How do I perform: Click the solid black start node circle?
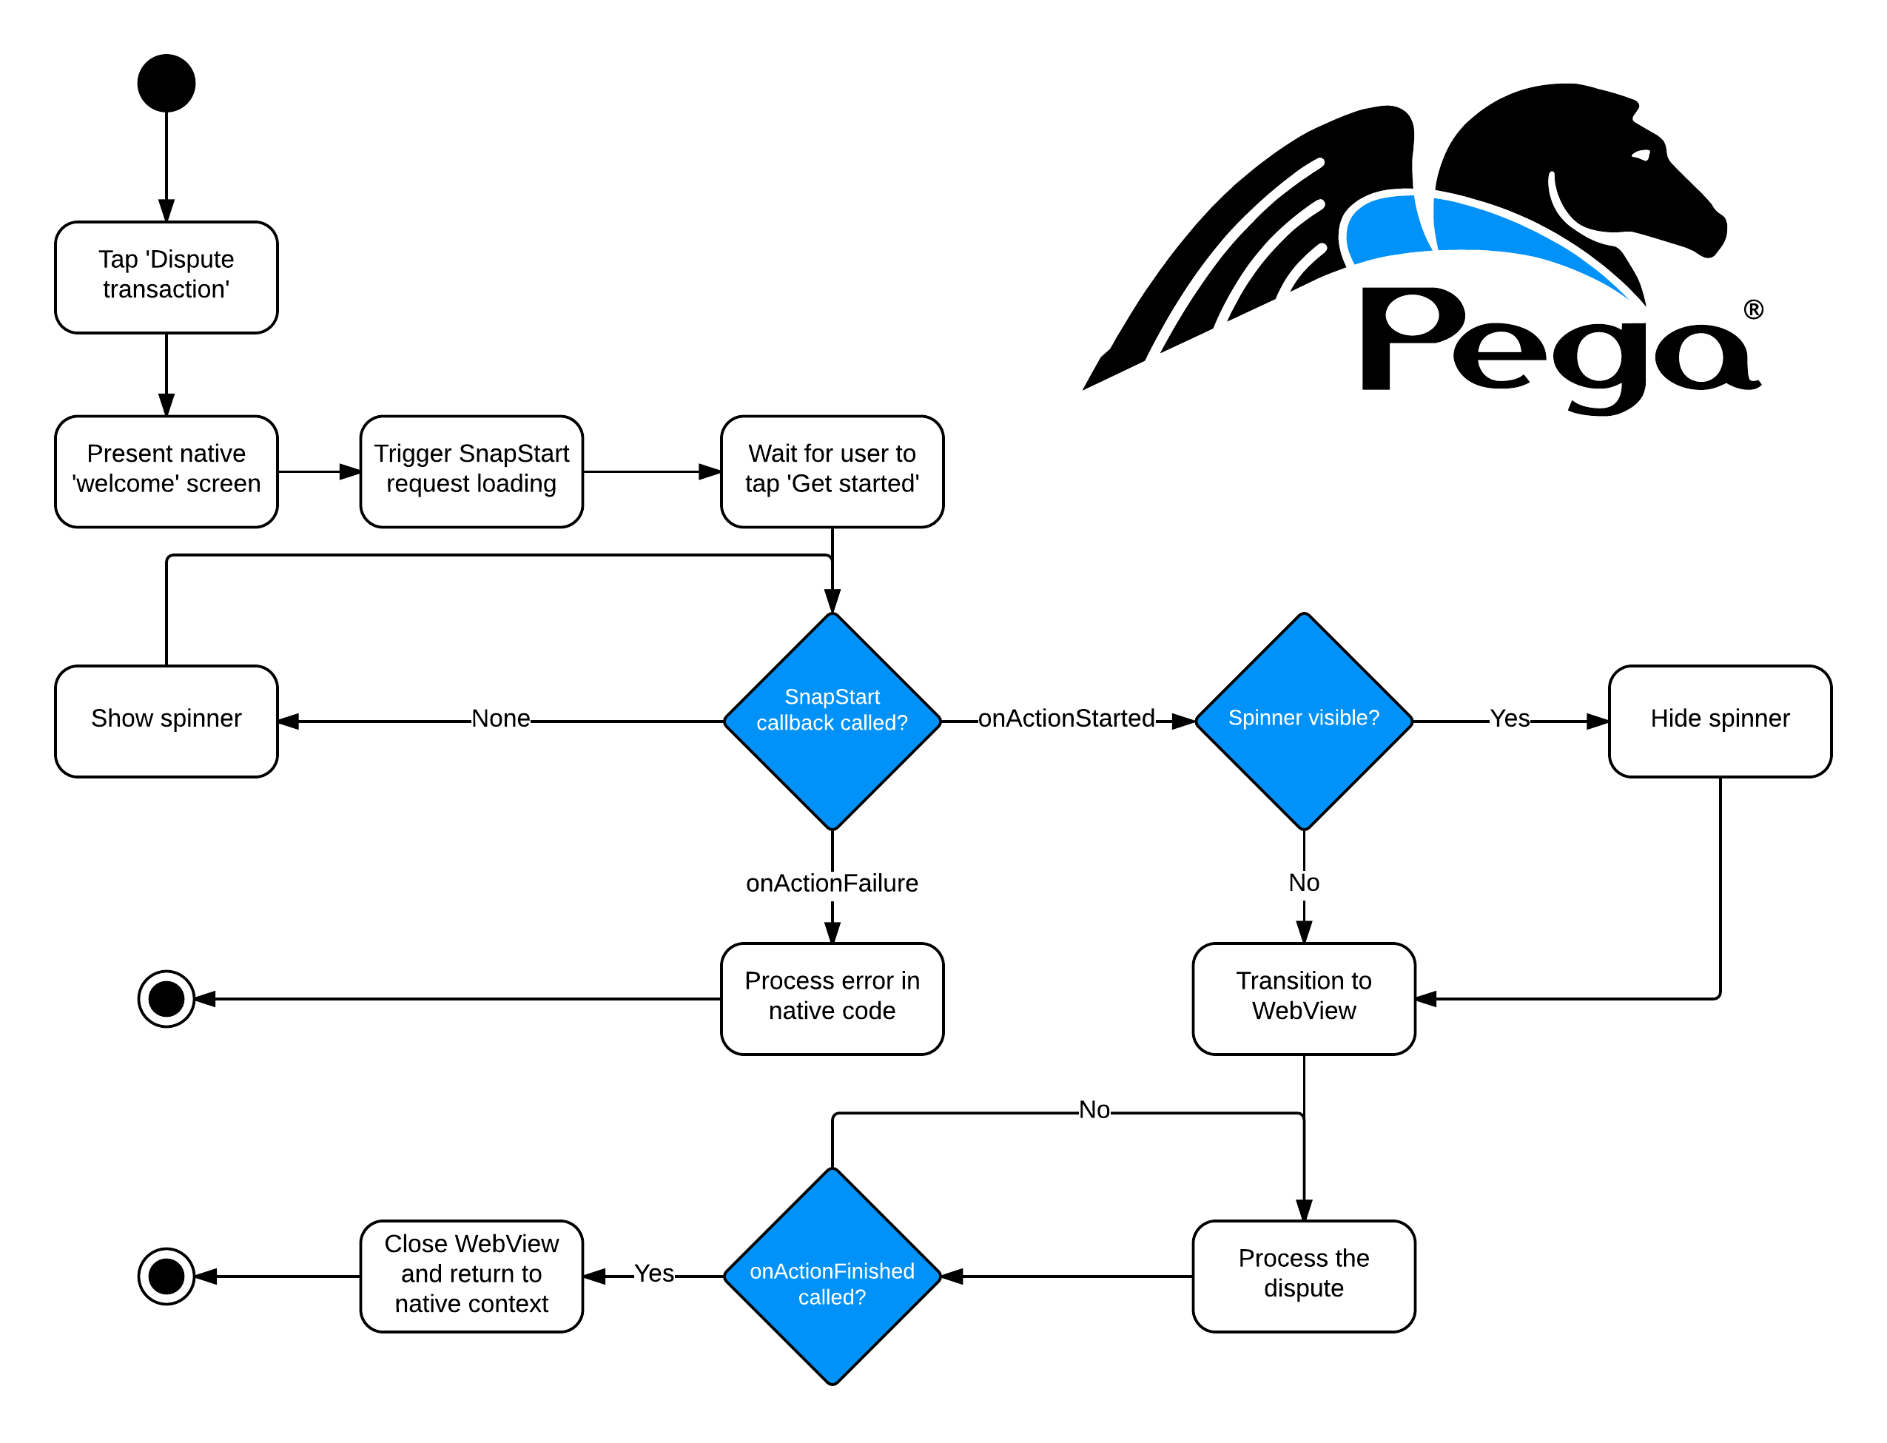point(166,84)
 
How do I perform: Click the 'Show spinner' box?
point(166,720)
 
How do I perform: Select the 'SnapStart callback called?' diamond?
point(832,720)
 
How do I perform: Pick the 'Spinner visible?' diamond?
point(1303,720)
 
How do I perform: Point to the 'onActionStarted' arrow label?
point(1066,718)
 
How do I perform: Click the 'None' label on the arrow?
point(501,718)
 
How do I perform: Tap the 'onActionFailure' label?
point(832,882)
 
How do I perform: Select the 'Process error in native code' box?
point(832,998)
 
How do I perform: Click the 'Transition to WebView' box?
point(1303,998)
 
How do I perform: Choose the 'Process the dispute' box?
point(1303,1274)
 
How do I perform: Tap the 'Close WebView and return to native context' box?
point(471,1274)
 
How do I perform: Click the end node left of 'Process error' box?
point(166,998)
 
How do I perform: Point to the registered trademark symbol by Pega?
point(1753,309)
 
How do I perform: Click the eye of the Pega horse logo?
point(1641,155)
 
